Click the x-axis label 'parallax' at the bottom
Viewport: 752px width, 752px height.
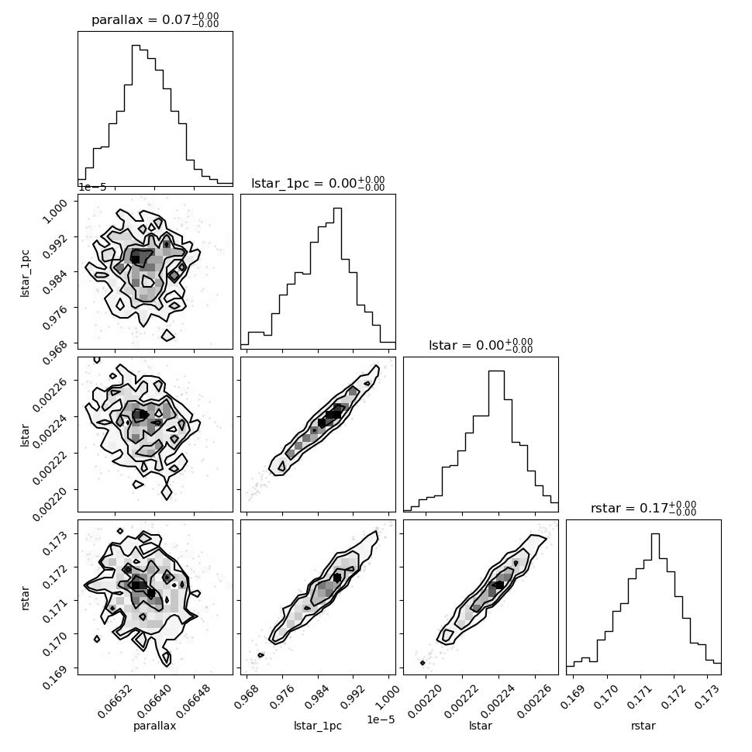[154, 726]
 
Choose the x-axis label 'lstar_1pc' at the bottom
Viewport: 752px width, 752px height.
[318, 726]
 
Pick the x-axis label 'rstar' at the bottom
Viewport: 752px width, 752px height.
[643, 726]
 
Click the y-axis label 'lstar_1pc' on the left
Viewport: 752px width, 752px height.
[25, 274]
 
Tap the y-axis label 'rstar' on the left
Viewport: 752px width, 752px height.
[25, 598]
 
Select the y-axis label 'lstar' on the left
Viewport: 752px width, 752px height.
[25, 436]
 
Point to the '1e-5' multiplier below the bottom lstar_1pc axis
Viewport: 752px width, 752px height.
[381, 719]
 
